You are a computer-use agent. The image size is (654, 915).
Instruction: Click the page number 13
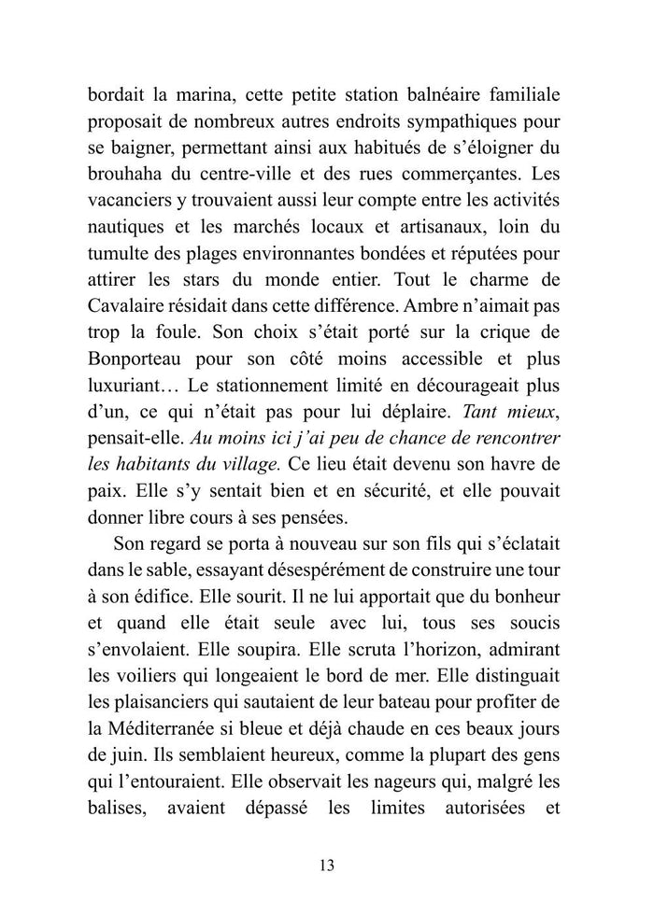tap(326, 865)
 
